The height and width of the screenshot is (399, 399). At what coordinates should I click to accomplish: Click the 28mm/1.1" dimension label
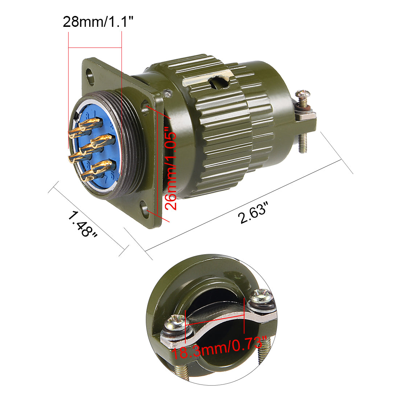click(x=98, y=21)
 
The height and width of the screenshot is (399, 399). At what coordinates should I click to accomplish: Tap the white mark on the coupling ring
click(x=214, y=78)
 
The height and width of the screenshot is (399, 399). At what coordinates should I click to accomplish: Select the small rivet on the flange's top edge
click(x=166, y=92)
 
